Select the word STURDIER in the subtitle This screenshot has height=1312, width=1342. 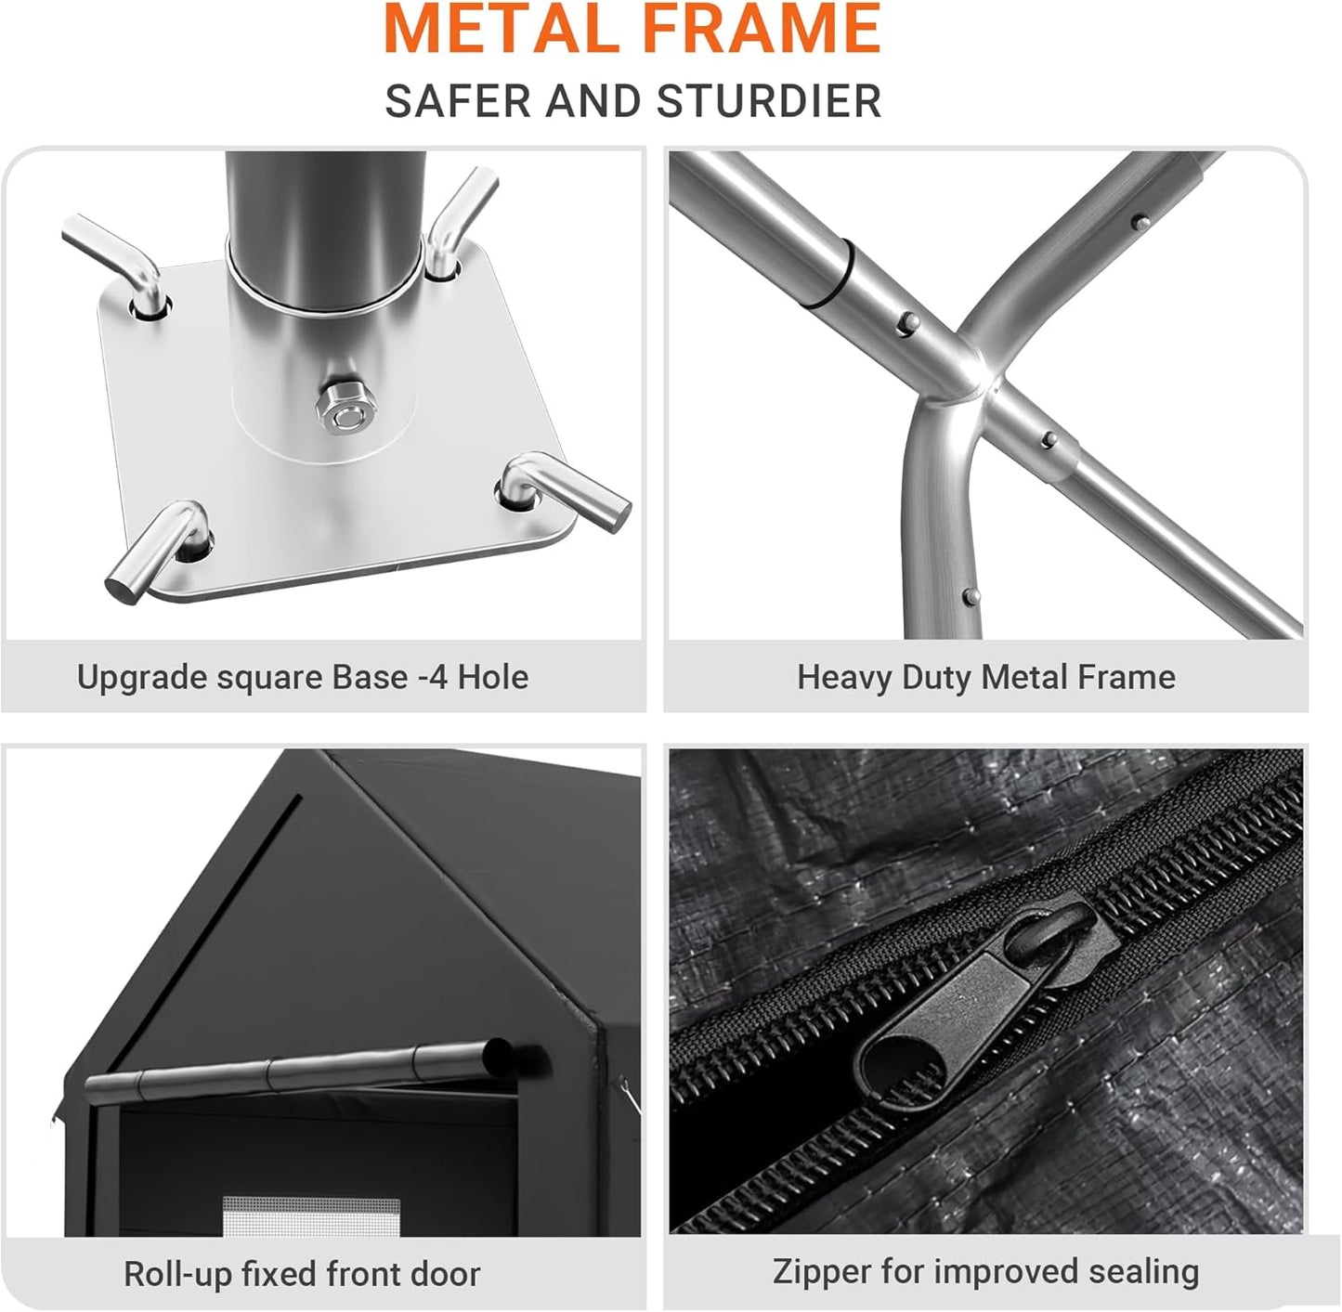click(x=769, y=101)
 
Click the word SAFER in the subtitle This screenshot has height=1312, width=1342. click(x=458, y=101)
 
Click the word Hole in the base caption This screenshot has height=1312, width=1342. click(x=493, y=676)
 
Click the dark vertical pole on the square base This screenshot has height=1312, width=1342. click(x=325, y=227)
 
